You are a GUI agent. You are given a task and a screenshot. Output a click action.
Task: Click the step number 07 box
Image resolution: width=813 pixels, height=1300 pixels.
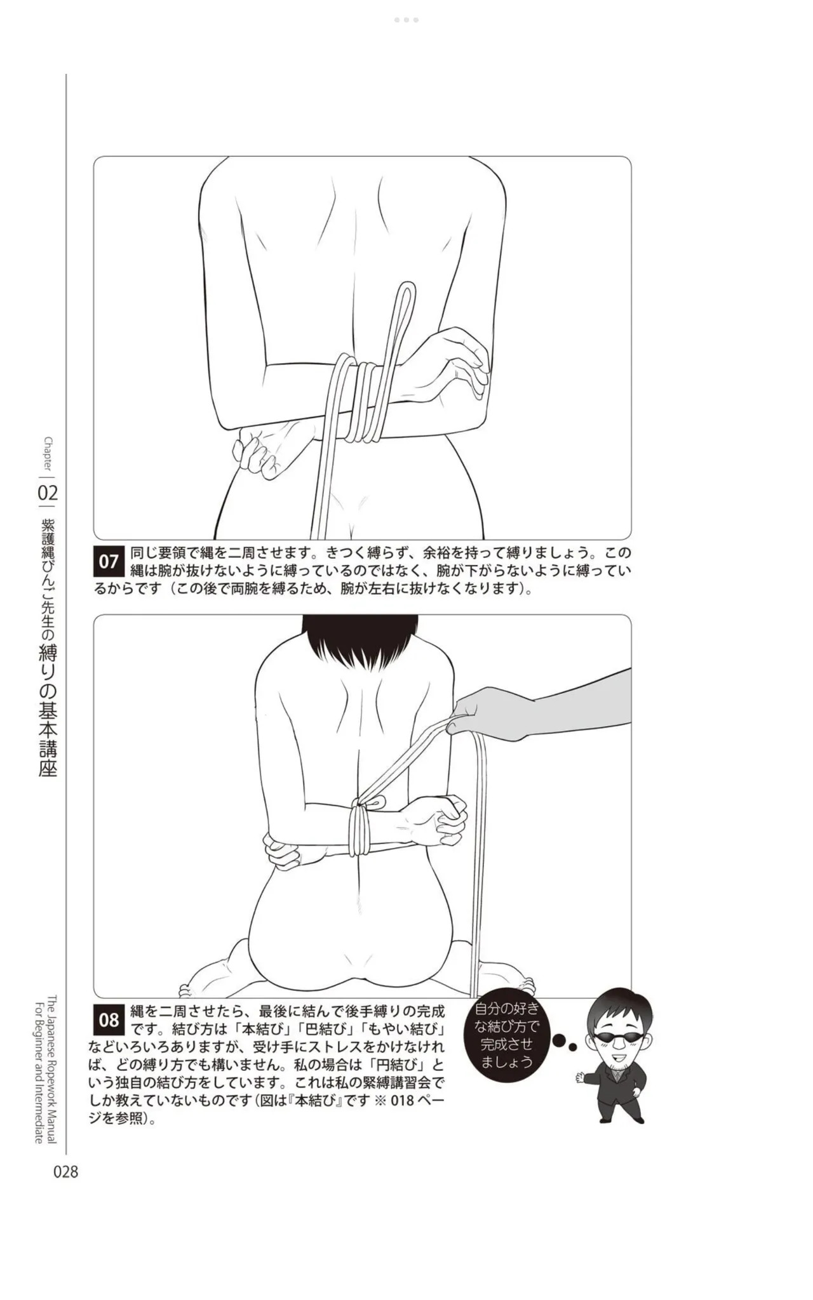(109, 561)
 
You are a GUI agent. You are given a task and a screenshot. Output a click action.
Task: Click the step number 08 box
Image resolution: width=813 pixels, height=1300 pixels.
(109, 1019)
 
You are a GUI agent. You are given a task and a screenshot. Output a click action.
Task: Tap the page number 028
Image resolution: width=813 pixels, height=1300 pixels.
(65, 1172)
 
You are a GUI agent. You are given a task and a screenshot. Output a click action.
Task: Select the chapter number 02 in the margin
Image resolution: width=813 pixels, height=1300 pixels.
(48, 493)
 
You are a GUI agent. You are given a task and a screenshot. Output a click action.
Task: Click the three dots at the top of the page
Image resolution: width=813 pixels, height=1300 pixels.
(406, 20)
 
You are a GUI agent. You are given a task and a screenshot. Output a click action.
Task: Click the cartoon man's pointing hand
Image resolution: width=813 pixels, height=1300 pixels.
(580, 1077)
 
